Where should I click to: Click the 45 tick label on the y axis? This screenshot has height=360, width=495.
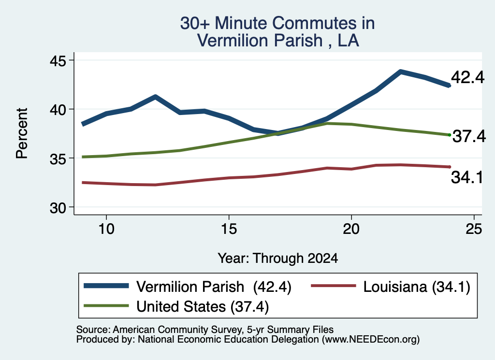point(58,60)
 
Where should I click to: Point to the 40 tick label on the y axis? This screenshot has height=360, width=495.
point(58,110)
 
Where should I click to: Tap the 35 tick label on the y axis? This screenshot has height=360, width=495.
point(58,158)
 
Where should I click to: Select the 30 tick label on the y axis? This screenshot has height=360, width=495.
point(58,208)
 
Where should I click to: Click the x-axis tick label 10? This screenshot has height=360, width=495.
point(106,229)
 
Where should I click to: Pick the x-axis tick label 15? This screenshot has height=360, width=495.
point(229,229)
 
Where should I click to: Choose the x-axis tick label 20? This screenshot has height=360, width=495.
point(351,229)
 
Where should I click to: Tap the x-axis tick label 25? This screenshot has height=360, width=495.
point(474,229)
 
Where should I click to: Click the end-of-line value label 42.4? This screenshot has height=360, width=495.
point(467,77)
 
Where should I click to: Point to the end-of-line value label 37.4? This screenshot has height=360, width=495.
point(469,136)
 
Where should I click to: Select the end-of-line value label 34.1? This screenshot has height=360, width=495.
point(467,177)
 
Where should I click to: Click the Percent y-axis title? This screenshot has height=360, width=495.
point(22,133)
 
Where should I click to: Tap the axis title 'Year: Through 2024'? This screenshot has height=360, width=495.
point(278,258)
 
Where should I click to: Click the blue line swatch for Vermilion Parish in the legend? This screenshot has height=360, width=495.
point(106,286)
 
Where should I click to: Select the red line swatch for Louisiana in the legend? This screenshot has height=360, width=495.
point(334,286)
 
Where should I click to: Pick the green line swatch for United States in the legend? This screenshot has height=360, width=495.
point(106,305)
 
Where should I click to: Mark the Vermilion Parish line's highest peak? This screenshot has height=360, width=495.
point(400,72)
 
